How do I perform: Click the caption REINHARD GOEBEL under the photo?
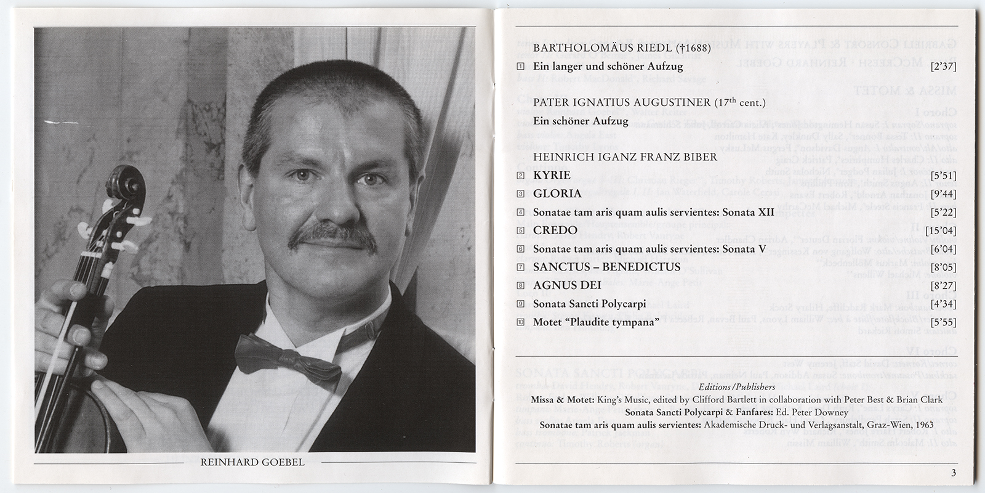point(252,462)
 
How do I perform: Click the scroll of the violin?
point(126,188)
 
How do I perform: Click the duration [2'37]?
point(944,67)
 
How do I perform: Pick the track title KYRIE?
point(552,175)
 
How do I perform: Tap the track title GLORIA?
point(557,194)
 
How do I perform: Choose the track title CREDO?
point(555,230)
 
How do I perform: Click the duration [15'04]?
point(941,230)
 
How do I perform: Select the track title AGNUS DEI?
point(567,285)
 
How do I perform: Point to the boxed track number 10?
point(520,322)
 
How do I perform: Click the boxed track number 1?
point(520,67)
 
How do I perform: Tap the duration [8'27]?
point(944,285)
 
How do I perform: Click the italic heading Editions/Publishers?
point(737,387)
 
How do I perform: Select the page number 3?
point(953,473)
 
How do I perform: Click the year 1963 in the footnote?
point(922,425)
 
